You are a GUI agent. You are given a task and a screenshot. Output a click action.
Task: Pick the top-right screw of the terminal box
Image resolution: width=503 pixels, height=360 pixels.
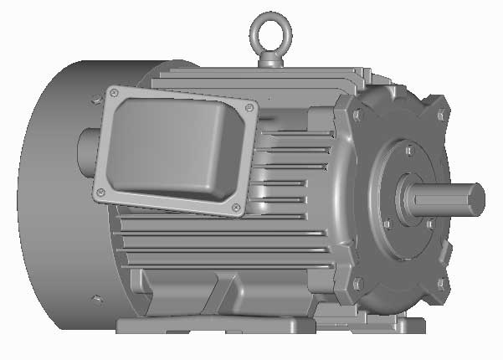[249, 108]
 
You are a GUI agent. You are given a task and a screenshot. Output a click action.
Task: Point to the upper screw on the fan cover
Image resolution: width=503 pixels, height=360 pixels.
[91, 100]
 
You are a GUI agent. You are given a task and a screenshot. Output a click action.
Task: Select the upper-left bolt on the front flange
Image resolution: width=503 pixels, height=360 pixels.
[358, 107]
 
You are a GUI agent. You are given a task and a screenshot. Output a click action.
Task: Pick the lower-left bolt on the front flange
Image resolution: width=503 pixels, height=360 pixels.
[358, 283]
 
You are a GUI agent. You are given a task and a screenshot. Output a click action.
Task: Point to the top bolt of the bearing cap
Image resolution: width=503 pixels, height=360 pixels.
[408, 151]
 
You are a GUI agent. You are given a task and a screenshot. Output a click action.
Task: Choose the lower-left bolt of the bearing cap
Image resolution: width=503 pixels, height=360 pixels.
[388, 224]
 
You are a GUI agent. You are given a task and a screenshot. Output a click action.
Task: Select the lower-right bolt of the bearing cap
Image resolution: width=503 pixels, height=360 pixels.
[429, 224]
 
